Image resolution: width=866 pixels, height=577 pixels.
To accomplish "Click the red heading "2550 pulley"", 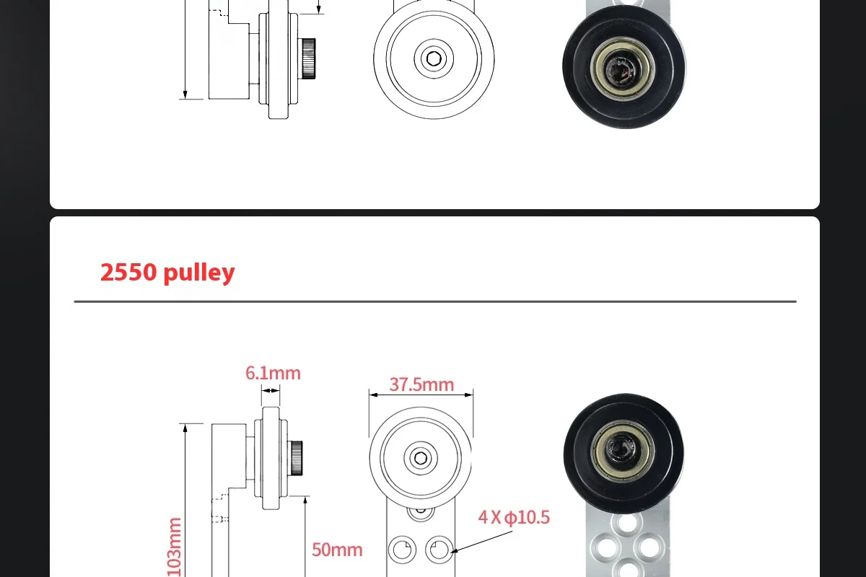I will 167,273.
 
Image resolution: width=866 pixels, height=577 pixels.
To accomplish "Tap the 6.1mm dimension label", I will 273,373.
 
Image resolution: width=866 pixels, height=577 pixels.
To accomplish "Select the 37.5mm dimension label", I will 421,384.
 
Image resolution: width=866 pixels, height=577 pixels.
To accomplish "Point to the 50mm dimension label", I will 337,550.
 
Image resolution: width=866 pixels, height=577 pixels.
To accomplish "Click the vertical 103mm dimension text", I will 174,546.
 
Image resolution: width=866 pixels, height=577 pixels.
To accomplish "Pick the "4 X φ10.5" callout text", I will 514,517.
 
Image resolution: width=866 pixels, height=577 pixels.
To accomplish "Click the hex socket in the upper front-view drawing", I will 434,58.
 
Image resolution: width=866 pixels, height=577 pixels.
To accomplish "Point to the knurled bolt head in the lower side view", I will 296,457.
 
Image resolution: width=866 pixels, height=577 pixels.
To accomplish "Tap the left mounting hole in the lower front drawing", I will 401,550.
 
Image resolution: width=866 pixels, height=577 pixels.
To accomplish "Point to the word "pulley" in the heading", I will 199,273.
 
